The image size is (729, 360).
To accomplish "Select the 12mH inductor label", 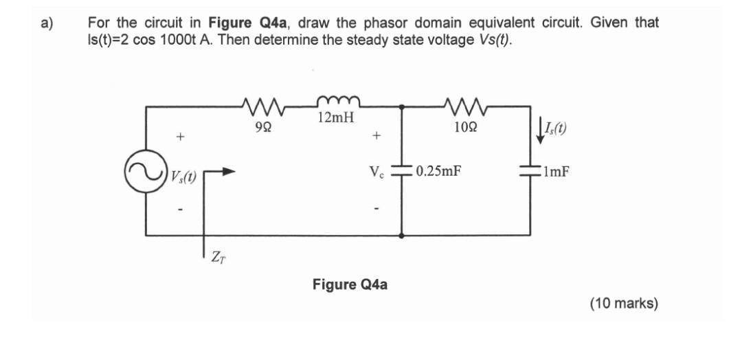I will point(336,118).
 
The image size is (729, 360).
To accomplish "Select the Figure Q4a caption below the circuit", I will point(350,283).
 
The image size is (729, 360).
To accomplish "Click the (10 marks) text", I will point(623,302).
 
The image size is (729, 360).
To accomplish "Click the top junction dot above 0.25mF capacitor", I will point(402,107).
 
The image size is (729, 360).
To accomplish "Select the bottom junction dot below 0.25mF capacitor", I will point(402,235).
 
